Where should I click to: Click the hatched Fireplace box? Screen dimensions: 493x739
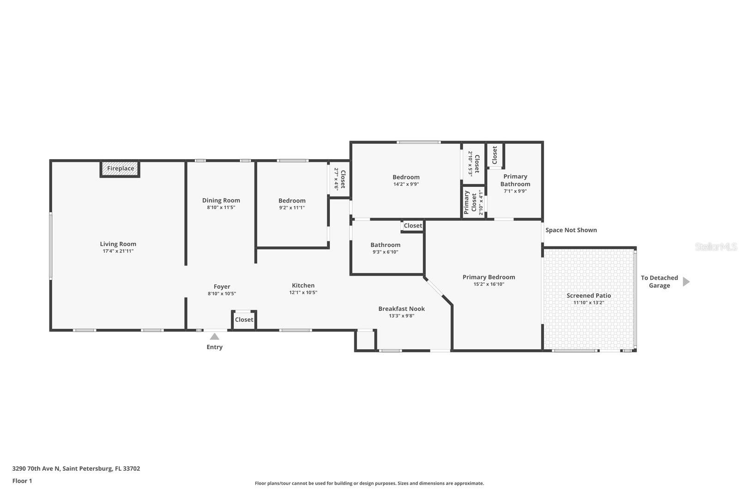(120, 169)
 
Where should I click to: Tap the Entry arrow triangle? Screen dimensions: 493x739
(214, 337)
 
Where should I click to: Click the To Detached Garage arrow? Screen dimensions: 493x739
(686, 282)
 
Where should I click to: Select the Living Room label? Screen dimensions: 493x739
(118, 244)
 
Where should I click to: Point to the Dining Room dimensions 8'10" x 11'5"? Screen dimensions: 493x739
(221, 208)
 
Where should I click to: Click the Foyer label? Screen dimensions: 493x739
(222, 287)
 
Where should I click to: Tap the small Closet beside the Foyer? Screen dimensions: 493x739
(244, 320)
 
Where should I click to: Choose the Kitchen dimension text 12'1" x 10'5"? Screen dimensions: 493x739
(303, 293)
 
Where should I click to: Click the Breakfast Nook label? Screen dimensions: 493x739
(401, 309)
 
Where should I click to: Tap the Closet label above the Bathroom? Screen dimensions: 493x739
(412, 226)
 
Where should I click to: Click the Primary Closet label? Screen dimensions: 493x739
(470, 202)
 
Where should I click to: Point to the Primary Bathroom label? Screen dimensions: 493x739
(515, 180)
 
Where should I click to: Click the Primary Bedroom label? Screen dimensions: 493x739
(489, 277)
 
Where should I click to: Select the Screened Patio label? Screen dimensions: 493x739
(588, 296)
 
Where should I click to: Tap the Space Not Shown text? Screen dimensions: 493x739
(571, 230)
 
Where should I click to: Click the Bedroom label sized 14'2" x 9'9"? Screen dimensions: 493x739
(406, 177)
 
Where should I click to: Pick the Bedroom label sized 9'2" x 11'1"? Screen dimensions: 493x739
(292, 201)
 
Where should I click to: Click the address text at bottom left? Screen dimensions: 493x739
(76, 468)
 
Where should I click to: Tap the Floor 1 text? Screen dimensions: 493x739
(22, 481)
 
